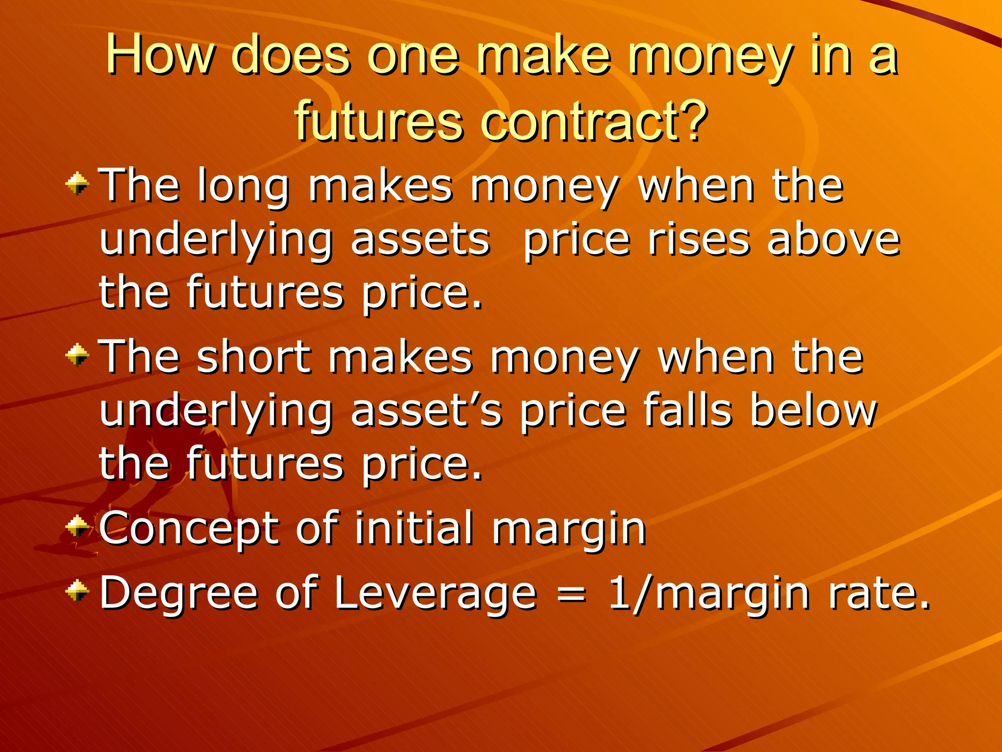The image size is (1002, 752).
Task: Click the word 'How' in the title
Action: click(160, 55)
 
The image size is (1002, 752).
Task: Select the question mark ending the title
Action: click(691, 120)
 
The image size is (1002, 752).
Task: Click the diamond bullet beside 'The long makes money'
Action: click(77, 185)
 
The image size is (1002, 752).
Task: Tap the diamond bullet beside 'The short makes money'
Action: click(77, 355)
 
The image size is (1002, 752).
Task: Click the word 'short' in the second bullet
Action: click(254, 357)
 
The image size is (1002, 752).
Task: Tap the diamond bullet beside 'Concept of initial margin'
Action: click(77, 527)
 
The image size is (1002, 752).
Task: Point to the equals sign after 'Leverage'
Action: click(571, 594)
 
